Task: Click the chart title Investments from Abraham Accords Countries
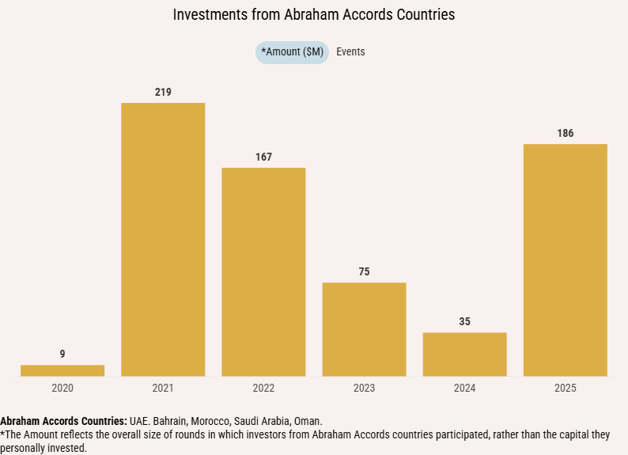(314, 15)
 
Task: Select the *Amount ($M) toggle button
(292, 52)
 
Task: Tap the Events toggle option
(350, 52)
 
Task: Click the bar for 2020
(62, 370)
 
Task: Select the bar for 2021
(163, 239)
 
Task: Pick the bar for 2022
(263, 271)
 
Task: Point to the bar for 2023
(364, 329)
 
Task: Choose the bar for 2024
(464, 354)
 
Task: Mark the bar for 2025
(565, 260)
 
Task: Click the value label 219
(163, 93)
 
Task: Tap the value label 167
(263, 157)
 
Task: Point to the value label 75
(364, 272)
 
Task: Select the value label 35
(464, 322)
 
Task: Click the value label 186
(565, 134)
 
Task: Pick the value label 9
(62, 355)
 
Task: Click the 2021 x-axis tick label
(163, 388)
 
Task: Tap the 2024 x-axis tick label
(464, 388)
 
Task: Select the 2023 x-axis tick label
(364, 388)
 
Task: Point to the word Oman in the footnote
(308, 421)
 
